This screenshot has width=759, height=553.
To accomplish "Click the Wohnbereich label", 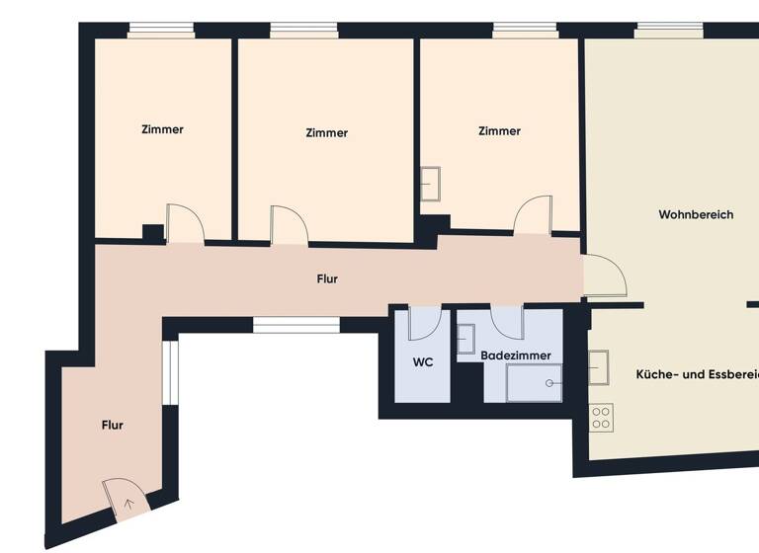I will pos(696,214).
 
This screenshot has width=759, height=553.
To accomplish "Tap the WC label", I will pos(423,362).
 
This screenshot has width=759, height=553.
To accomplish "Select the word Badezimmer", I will pos(516,355).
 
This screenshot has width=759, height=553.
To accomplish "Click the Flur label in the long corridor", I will pos(327,279).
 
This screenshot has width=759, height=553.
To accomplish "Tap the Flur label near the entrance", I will pos(113,426).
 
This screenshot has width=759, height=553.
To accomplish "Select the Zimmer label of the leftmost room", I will pos(162,129).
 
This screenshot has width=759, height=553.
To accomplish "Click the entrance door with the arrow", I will pos(126,498).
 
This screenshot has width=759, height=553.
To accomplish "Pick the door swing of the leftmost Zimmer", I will pos(185,224).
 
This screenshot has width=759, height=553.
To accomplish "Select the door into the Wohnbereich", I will pos(604,276).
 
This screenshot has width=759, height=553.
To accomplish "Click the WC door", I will pos(424,323).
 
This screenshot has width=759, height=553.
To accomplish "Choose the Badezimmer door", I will pos(507,322).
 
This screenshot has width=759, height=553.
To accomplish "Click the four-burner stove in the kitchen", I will pos(601,418).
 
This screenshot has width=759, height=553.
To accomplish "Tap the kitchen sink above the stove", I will pos(600,367).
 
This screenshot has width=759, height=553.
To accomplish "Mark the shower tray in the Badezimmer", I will pos(534,382).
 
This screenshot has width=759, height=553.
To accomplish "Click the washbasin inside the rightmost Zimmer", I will pos(432,184).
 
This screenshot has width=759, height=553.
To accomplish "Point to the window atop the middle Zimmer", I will pos(304,32).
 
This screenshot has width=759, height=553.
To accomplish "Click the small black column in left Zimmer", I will pos(152,233).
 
